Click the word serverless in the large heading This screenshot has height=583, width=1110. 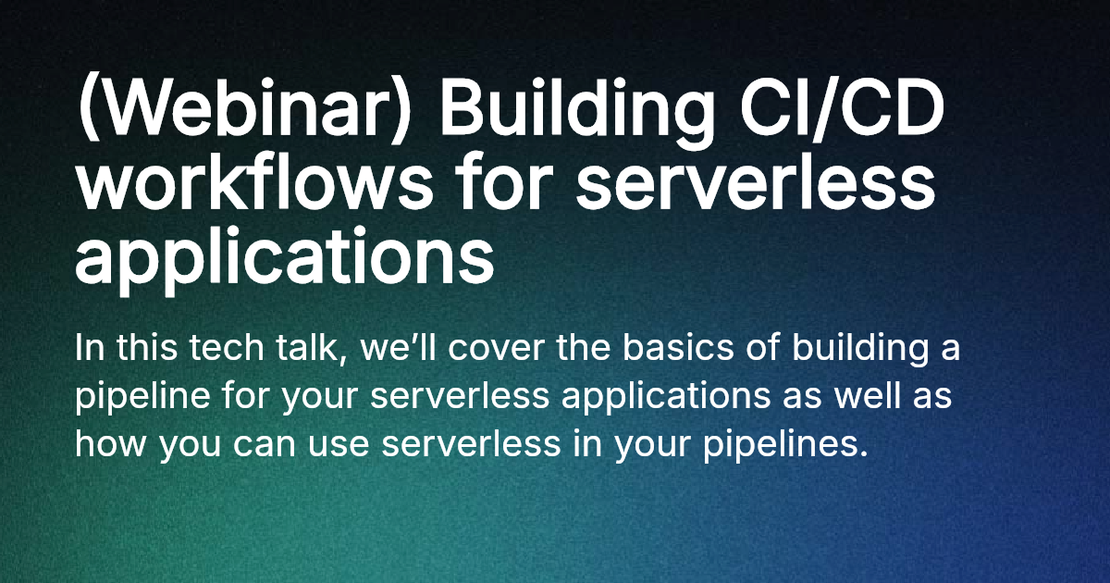755,185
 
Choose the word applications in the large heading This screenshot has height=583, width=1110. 285,259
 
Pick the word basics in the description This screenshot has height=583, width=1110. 678,348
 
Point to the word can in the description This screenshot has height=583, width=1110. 265,446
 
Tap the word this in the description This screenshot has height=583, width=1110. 147,348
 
